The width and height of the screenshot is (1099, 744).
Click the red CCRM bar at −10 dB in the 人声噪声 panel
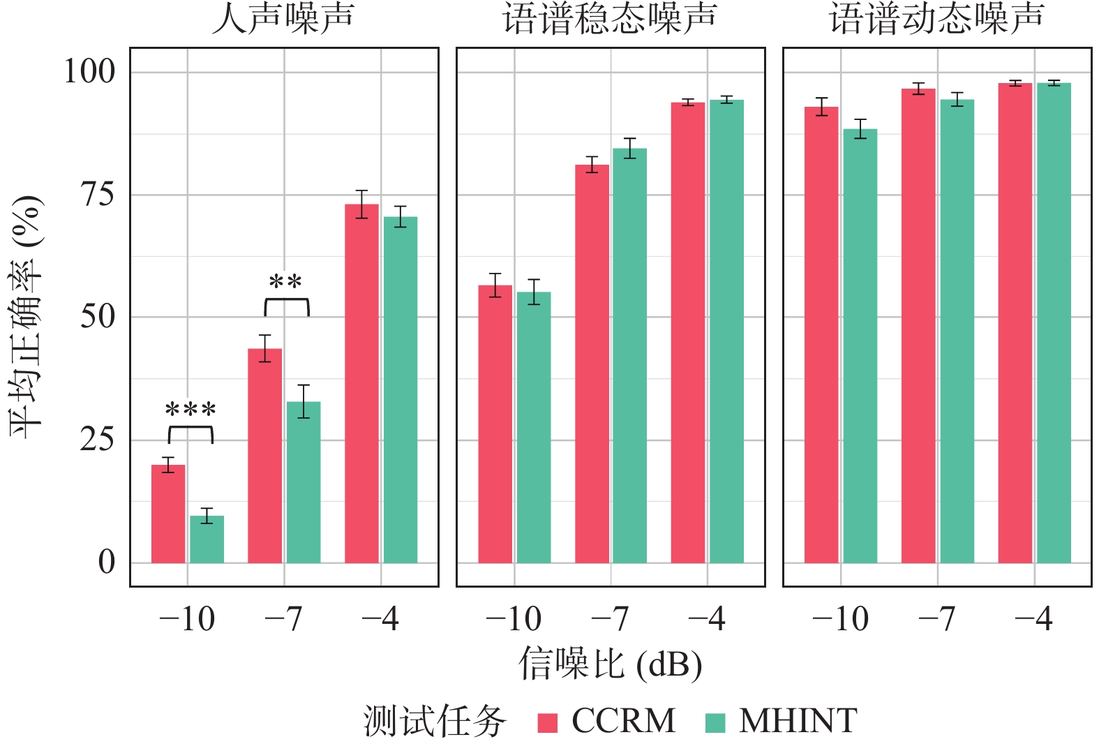tap(168, 514)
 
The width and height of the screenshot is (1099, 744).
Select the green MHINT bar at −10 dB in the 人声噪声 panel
tap(207, 540)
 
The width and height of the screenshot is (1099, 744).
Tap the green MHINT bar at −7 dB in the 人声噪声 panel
tap(304, 482)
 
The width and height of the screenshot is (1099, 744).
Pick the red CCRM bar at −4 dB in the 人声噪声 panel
tap(361, 384)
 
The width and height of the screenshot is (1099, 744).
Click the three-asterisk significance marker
tap(191, 410)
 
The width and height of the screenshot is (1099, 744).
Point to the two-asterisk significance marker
tap(285, 282)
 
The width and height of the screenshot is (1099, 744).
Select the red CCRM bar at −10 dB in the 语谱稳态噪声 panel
tap(495, 424)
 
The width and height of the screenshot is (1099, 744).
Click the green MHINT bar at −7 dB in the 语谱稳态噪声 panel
tap(630, 356)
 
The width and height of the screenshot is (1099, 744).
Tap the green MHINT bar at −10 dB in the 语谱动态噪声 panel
tap(860, 346)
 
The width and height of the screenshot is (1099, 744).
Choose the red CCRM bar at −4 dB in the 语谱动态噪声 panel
tap(1015, 323)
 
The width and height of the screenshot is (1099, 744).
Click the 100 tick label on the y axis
tap(90, 72)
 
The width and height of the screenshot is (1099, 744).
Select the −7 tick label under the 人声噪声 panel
tap(283, 618)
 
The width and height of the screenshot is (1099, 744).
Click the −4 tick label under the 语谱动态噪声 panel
tap(1034, 618)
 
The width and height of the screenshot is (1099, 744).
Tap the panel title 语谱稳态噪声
tap(611, 19)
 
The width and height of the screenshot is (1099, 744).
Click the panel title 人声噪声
tap(283, 19)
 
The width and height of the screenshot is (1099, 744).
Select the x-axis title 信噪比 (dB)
tap(611, 664)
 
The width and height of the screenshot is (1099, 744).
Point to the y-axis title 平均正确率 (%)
tap(27, 317)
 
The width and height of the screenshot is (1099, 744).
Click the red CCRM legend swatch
tap(548, 722)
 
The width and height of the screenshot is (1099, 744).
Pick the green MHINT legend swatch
tap(715, 722)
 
